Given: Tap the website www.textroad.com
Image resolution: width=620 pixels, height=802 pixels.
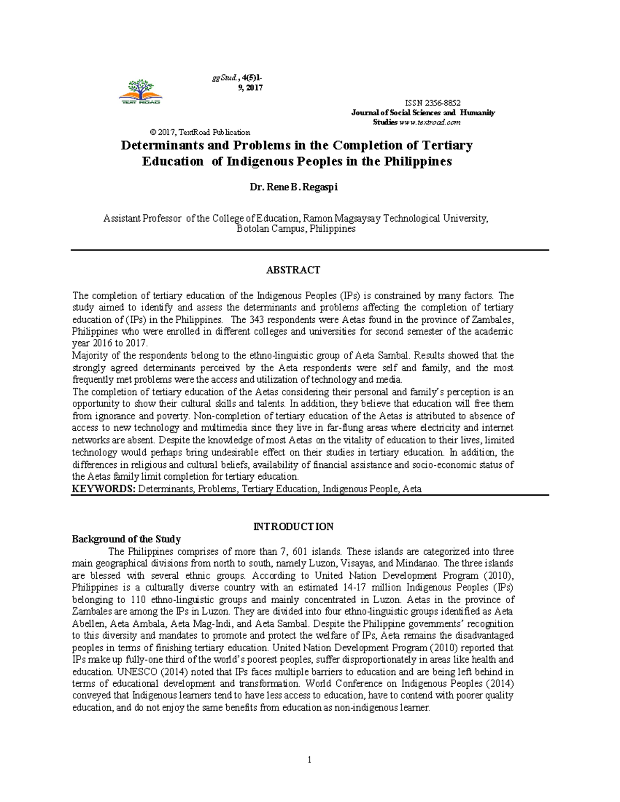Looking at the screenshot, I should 430,122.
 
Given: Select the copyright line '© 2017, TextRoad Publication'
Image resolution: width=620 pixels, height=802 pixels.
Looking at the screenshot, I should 200,132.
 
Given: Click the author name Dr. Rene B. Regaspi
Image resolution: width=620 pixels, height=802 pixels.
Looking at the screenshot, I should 294,187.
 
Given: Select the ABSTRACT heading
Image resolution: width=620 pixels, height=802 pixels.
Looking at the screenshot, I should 293,270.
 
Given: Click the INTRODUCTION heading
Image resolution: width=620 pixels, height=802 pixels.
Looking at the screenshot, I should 293,527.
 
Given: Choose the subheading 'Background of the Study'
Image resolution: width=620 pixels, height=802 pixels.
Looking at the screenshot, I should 126,539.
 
